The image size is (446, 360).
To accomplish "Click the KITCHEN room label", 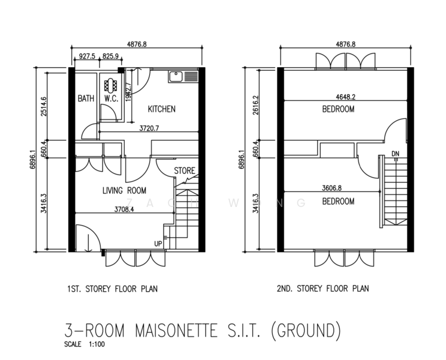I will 162,109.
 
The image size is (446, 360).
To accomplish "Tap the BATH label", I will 86,99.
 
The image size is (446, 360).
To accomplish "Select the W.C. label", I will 111,99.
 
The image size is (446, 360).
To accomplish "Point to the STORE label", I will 185,171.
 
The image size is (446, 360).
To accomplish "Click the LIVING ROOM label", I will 124,191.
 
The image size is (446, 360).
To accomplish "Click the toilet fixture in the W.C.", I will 111,85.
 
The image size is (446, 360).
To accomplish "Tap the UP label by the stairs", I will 158,244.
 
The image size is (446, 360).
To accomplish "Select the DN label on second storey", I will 395,154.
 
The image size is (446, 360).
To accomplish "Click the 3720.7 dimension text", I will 149,128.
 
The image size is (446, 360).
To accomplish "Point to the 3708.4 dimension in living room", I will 124,210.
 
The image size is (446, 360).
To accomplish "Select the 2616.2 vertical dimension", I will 256,104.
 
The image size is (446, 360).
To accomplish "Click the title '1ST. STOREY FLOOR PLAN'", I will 113,289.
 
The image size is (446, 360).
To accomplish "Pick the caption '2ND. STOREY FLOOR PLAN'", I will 323,289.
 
